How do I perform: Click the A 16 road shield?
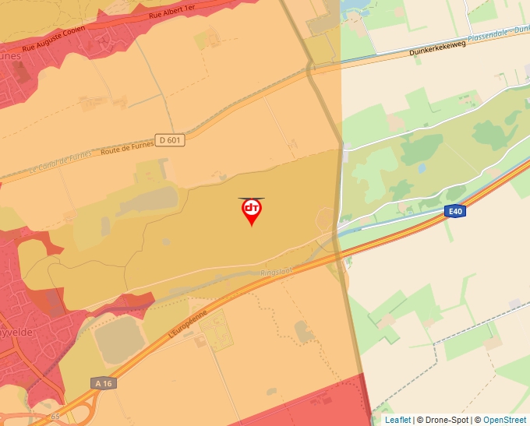tap(102, 383)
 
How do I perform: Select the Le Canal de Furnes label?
tap(59, 162)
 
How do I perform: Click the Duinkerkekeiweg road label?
tap(436, 48)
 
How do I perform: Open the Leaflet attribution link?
tap(397, 420)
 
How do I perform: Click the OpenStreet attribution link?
tap(504, 420)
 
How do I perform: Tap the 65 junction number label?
tap(55, 417)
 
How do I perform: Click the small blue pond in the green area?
tap(422, 167)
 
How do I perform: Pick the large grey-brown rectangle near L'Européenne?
tap(117, 340)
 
